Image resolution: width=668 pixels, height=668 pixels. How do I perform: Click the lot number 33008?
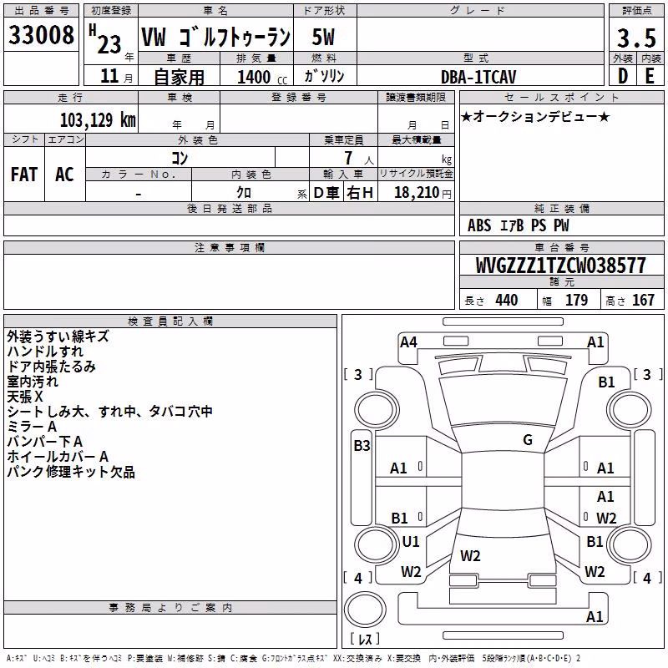41,35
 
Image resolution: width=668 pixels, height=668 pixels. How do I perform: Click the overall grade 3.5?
636,38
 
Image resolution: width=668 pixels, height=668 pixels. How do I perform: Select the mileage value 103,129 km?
98,120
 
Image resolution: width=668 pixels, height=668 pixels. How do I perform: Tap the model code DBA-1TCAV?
478,77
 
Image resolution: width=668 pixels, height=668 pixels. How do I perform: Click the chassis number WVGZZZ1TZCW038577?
560,266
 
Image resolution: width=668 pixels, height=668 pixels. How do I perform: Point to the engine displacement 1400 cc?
262,77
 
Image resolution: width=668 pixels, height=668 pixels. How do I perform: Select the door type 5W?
323,37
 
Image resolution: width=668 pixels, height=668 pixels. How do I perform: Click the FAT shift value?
24,175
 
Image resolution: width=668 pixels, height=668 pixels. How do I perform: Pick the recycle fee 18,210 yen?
423,193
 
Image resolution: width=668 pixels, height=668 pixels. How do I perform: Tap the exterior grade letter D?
623,76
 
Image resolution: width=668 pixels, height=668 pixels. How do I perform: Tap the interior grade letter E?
650,76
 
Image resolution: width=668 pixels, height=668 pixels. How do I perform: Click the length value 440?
507,300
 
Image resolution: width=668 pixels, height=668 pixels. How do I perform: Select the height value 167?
643,300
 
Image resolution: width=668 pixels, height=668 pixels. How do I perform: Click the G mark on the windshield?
528,440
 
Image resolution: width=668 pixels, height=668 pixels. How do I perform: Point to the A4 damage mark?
408,342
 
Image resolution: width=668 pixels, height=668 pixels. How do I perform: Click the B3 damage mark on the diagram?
362,446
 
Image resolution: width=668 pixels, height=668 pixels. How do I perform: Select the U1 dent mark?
411,542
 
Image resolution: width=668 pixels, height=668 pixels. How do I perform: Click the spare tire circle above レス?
365,610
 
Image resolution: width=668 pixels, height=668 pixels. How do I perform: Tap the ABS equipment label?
479,225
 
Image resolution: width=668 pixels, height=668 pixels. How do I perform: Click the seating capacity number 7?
348,158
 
